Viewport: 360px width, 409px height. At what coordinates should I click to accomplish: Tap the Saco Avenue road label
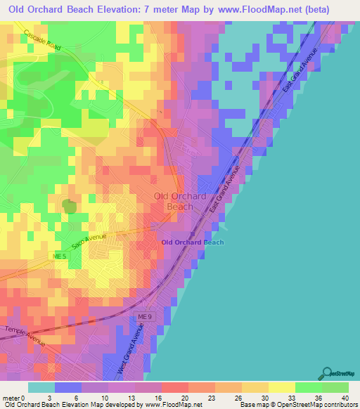(89, 242)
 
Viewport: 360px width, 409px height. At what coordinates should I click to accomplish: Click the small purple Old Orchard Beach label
(193, 242)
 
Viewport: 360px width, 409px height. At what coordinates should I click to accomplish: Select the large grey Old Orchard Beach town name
(179, 201)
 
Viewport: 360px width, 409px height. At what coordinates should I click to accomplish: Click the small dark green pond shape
(69, 206)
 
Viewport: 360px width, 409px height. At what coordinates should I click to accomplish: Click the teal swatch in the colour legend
(41, 387)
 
